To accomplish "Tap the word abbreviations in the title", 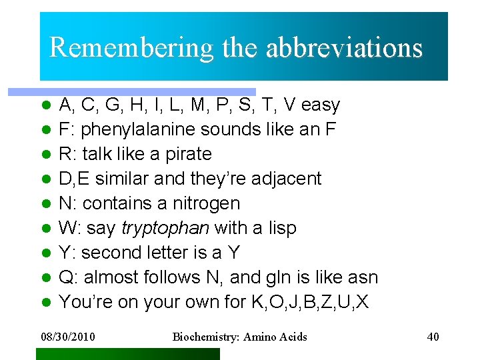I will [344, 48].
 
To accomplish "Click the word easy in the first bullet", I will [321, 105].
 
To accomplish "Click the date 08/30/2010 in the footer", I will [67, 337].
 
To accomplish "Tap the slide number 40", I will [433, 337].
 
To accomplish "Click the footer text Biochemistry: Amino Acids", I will [240, 337].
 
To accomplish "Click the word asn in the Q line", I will [363, 277].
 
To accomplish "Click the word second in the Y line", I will [107, 253].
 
